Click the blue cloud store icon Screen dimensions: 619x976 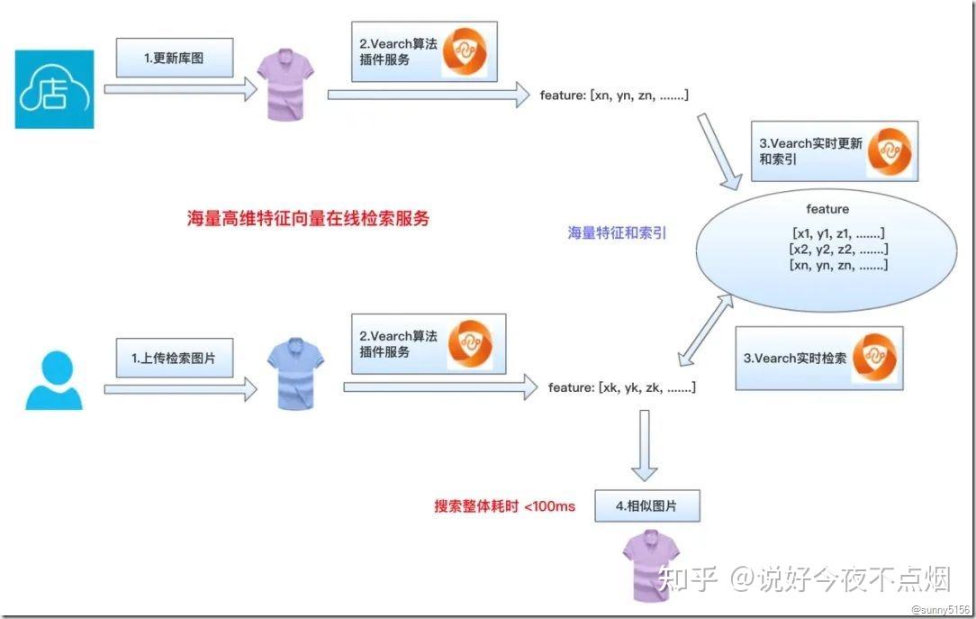[54, 89]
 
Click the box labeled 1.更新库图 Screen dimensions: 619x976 [175, 58]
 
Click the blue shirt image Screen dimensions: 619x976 [296, 374]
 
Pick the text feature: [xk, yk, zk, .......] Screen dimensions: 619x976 [621, 387]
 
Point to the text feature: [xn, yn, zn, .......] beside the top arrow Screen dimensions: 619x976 [614, 94]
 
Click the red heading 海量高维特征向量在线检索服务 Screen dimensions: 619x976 [308, 218]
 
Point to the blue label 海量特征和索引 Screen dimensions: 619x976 [617, 232]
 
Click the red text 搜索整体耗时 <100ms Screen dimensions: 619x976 [504, 506]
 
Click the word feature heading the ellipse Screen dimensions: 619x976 [827, 209]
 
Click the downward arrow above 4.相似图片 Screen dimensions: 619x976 [644, 446]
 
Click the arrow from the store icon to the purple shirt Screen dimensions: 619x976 [180, 88]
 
